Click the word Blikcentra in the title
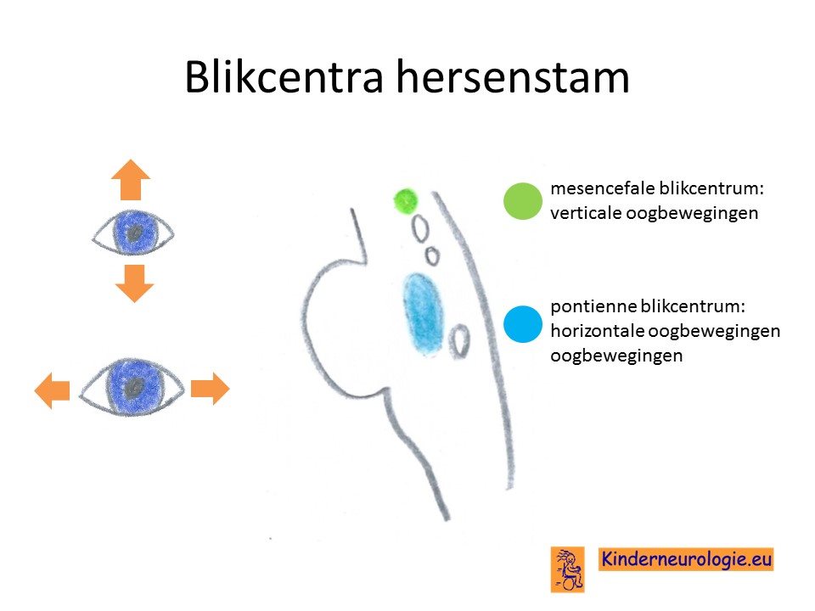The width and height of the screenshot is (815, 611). (x=284, y=77)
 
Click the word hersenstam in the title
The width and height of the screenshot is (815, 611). (x=513, y=77)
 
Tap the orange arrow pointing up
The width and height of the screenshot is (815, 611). (x=131, y=180)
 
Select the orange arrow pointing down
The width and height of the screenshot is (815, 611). (x=135, y=283)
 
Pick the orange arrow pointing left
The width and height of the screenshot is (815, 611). (x=52, y=390)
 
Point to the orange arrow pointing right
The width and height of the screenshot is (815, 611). (x=210, y=389)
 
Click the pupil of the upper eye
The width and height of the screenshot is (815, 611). (x=135, y=233)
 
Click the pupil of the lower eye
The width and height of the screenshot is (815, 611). (x=136, y=387)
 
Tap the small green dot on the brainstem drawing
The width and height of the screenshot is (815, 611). (x=406, y=201)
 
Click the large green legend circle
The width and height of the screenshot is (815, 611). (x=523, y=201)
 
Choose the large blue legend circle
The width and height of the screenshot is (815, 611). (x=523, y=324)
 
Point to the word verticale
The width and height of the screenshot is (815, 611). (x=585, y=212)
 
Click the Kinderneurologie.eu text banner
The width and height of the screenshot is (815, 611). (x=686, y=559)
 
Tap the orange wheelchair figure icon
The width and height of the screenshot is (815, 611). (x=568, y=569)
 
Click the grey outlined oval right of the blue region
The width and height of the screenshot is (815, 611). (x=459, y=341)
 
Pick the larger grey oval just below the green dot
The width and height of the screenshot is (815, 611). (x=420, y=228)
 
